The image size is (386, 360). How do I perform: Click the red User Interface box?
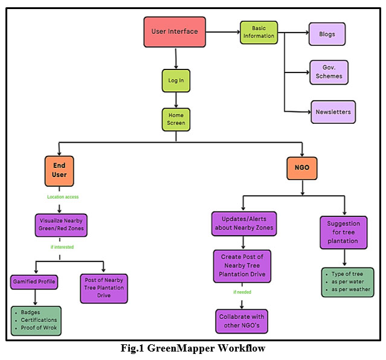pyautogui.click(x=175, y=31)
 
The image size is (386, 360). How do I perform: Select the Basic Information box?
pyautogui.click(x=259, y=31)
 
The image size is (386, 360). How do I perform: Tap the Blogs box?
pyautogui.click(x=327, y=34)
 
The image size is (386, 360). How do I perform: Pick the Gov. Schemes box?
pyautogui.click(x=329, y=72)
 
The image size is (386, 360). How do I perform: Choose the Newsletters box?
pyautogui.click(x=333, y=112)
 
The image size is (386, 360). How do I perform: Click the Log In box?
pyautogui.click(x=176, y=80)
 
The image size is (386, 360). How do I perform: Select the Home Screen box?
pyautogui.click(x=176, y=118)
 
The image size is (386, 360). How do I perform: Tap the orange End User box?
pyautogui.click(x=59, y=171)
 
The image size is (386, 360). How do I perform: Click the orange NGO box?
pyautogui.click(x=303, y=170)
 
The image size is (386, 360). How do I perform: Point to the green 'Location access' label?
pyautogui.click(x=63, y=197)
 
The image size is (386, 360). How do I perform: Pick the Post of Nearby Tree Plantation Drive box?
pyautogui.click(x=104, y=288)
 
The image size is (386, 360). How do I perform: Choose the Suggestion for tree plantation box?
pyautogui.click(x=344, y=232)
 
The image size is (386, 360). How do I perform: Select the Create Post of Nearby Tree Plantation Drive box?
pyautogui.click(x=242, y=266)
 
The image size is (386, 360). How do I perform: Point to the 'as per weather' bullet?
pyautogui.click(x=350, y=289)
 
